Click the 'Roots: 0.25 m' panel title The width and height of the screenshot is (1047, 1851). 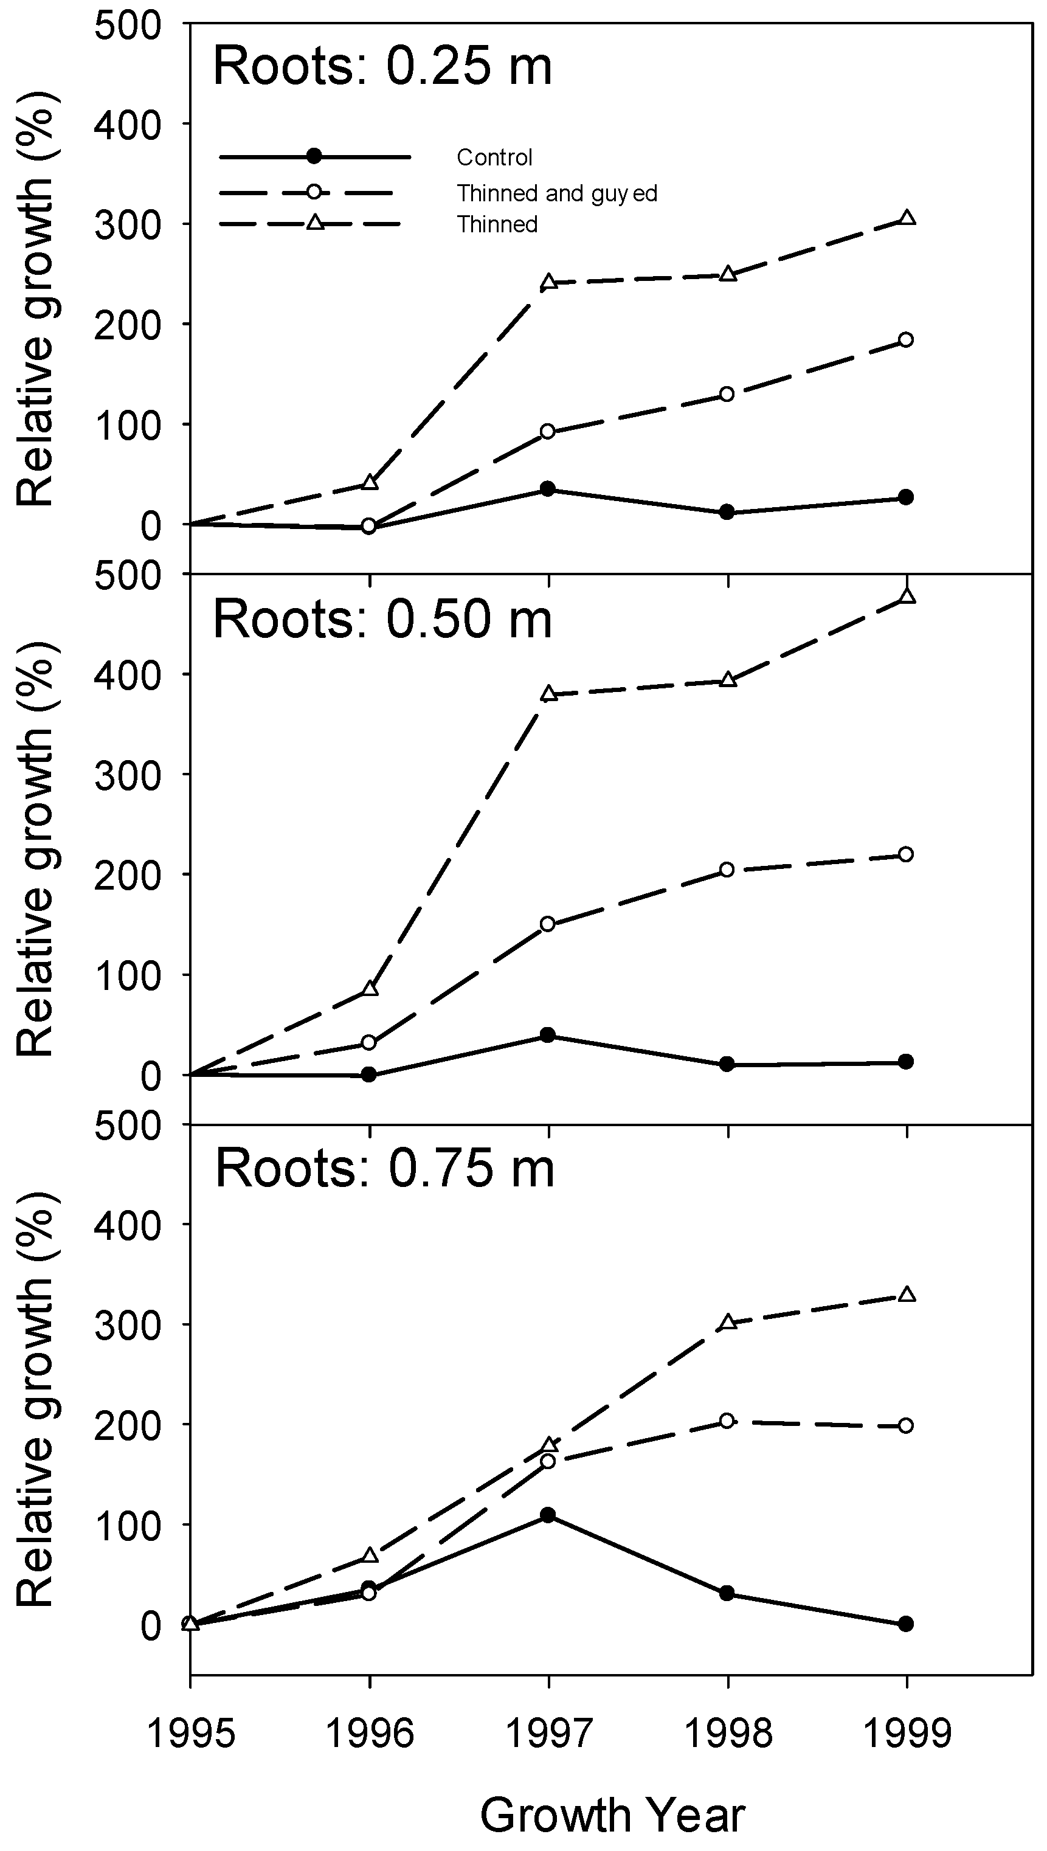coord(382,66)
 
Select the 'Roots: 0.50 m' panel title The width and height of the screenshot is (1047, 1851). coord(382,619)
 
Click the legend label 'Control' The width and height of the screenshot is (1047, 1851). coord(495,157)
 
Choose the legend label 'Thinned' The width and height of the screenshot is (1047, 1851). coord(497,224)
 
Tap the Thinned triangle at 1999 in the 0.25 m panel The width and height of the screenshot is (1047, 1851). coord(907,218)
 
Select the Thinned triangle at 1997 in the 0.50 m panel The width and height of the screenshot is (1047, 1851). coord(548,694)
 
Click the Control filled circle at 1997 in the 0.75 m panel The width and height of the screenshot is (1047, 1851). coord(548,1515)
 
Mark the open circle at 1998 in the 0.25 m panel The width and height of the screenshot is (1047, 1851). coord(727,394)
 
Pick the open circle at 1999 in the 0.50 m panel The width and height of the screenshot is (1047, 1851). coord(906,854)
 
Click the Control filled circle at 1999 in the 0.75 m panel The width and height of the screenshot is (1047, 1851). coord(906,1624)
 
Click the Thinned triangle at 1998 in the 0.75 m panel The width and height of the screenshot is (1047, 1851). coord(728,1322)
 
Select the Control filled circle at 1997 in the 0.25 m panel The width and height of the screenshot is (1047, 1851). coord(548,489)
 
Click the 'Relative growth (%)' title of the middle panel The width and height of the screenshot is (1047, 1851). coord(36,851)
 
